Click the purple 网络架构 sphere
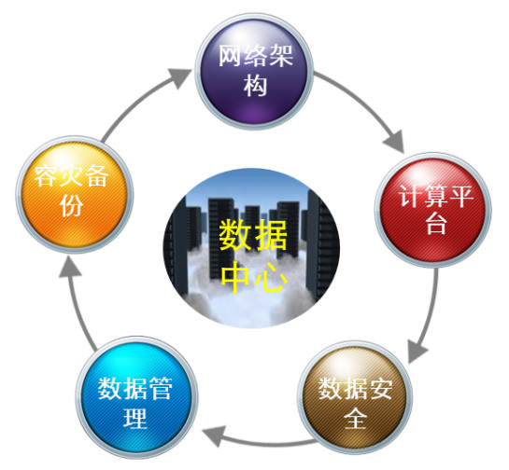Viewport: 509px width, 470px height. pos(254,71)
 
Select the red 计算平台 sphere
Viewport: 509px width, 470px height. pos(433,210)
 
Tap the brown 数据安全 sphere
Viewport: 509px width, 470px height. pos(355,397)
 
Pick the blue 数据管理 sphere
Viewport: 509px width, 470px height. pos(136,397)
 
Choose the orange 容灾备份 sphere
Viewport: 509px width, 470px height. pos(75,195)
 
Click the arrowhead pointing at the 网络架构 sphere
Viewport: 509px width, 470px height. pos(179,77)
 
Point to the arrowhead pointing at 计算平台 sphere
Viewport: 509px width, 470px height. pos(394,142)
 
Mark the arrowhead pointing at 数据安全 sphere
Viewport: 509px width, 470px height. pos(417,351)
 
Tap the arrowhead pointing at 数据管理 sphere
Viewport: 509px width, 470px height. pos(214,435)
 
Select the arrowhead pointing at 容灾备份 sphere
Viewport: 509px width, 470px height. pos(69,266)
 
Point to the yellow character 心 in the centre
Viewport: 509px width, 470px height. pos(271,276)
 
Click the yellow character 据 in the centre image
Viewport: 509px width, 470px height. pos(271,235)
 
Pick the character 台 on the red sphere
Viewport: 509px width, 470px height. pos(436,223)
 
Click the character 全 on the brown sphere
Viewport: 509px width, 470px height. pos(355,418)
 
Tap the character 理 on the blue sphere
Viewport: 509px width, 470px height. pos(135,418)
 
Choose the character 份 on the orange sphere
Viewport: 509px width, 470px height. pos(71,205)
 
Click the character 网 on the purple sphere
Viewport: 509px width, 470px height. pos(231,56)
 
